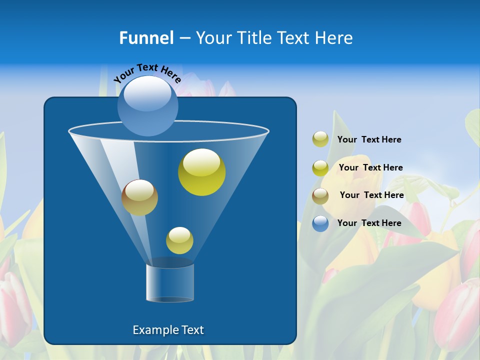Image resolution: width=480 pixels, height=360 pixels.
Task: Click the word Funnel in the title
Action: [146, 38]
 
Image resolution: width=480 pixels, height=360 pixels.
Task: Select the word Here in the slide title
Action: [333, 38]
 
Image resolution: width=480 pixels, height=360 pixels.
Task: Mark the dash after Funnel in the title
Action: [184, 38]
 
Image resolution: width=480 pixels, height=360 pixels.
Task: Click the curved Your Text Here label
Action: [147, 73]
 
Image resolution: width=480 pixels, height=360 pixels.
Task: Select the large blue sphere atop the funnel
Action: [148, 106]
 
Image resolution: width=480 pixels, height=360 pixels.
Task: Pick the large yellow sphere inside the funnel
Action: [202, 172]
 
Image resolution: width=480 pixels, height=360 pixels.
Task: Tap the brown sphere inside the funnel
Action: [140, 197]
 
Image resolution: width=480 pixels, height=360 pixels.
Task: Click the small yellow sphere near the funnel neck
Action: [179, 240]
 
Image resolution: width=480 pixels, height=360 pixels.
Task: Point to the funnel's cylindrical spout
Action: [170, 282]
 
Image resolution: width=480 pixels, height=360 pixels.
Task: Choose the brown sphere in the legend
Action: [320, 196]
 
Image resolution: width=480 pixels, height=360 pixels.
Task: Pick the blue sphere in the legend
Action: [320, 223]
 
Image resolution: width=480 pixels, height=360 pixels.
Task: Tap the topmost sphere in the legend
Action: [320, 139]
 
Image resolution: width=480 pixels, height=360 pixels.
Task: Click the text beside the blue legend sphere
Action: [369, 223]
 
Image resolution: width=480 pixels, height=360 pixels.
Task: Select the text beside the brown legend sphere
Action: [371, 195]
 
